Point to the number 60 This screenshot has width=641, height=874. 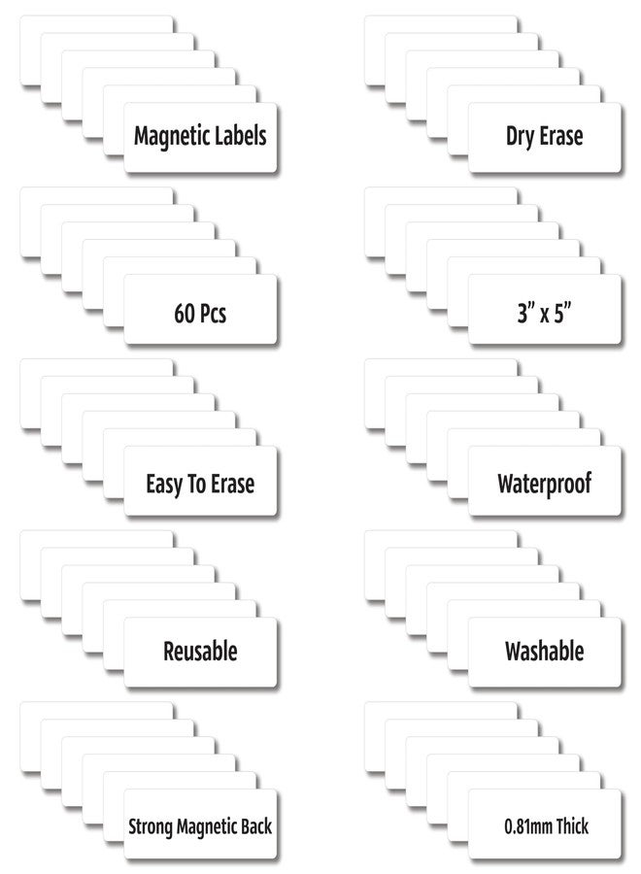(185, 314)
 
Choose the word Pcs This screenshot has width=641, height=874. (213, 314)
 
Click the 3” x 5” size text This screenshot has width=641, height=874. (545, 313)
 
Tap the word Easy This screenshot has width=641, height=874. (164, 485)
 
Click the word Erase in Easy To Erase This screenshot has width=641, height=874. (232, 484)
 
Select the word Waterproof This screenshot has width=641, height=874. (545, 485)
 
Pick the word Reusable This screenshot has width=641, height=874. (200, 651)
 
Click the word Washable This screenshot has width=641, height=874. (545, 651)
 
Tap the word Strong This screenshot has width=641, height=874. (150, 827)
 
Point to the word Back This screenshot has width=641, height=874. (257, 826)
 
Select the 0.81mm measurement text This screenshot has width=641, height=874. (527, 826)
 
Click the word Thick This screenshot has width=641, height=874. (572, 826)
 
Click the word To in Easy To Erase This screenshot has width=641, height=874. (197, 484)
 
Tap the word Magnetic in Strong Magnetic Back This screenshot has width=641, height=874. (207, 827)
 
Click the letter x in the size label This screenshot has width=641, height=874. (545, 316)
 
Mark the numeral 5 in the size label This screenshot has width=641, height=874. (559, 314)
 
